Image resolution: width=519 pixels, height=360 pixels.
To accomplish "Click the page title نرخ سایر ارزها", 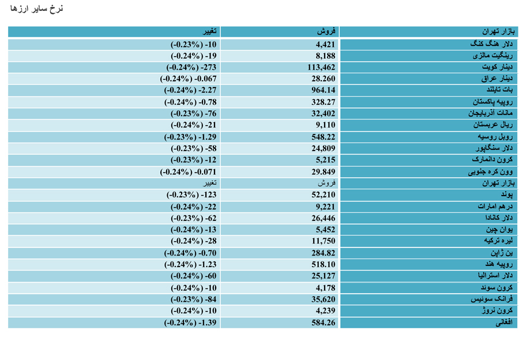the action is click(x=36, y=9).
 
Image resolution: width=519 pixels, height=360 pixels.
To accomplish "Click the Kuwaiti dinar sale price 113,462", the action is click(x=321, y=67).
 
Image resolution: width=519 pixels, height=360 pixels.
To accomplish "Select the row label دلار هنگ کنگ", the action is click(x=491, y=44).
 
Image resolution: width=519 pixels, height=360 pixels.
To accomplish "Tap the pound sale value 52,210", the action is click(x=324, y=195).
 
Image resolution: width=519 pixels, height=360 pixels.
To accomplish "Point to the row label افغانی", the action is click(x=504, y=322).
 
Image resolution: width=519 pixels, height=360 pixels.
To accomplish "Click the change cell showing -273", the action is click(x=191, y=67).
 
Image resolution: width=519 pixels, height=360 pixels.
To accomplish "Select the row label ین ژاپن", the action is click(x=502, y=253).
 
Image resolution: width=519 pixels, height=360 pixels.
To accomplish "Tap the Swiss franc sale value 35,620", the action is click(x=324, y=299).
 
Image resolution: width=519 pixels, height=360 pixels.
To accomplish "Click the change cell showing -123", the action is click(x=191, y=195).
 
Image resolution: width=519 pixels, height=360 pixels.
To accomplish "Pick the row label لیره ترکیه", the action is click(x=498, y=241).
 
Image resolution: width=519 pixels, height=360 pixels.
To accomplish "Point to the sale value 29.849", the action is click(x=324, y=172).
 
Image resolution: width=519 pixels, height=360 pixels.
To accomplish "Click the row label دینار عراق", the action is click(x=497, y=79).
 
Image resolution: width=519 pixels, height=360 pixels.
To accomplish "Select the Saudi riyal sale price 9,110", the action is click(x=325, y=125).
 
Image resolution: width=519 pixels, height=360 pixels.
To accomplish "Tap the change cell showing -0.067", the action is click(x=188, y=79).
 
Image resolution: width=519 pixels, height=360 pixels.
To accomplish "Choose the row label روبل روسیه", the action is click(x=495, y=137).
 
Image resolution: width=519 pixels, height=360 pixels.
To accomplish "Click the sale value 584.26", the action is click(x=324, y=322).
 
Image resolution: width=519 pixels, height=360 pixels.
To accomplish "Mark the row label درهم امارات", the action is click(x=495, y=207).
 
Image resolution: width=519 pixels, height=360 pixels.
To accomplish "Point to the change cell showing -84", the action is click(x=193, y=299).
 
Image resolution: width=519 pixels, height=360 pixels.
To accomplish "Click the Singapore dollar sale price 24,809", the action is click(x=324, y=148).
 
